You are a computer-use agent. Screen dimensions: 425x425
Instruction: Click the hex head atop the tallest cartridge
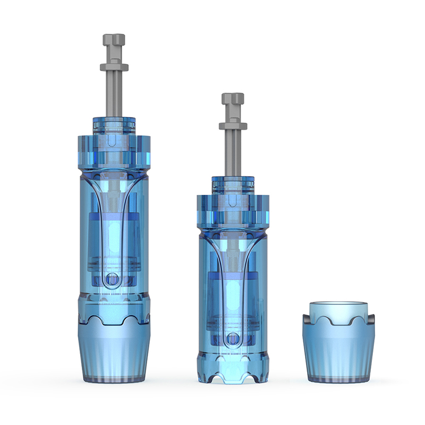click(114, 40)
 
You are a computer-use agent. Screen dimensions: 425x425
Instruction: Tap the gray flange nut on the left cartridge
click(114, 67)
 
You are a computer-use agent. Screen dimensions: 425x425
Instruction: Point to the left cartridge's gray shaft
click(114, 93)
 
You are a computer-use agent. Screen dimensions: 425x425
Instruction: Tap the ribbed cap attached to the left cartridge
click(114, 353)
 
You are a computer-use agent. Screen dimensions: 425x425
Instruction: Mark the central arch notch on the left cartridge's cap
click(114, 319)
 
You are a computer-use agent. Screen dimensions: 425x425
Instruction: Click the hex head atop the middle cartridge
click(233, 99)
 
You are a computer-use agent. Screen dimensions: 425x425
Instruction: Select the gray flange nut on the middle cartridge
click(233, 126)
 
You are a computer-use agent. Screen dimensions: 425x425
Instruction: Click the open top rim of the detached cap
click(338, 305)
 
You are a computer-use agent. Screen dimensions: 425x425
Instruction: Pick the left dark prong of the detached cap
click(307, 322)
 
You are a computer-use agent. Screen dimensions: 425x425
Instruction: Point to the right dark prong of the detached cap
click(370, 322)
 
